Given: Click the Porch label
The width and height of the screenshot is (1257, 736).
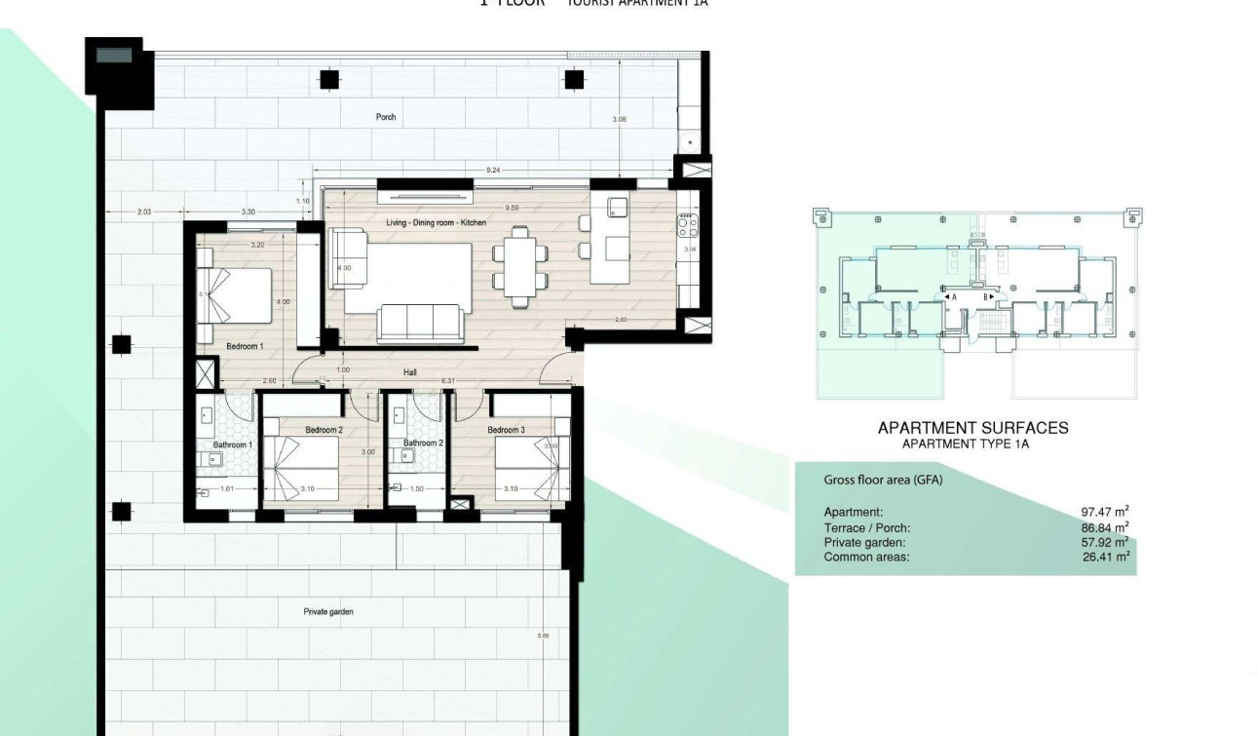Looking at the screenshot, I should pyautogui.click(x=386, y=117).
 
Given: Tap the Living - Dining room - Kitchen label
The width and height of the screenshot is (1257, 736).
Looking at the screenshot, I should pyautogui.click(x=436, y=223).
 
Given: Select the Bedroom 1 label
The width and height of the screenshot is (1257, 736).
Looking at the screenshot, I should pyautogui.click(x=245, y=346).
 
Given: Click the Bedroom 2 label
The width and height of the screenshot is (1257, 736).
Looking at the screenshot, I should pyautogui.click(x=324, y=430).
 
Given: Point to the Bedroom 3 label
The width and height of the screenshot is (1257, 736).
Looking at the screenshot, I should pyautogui.click(x=506, y=430).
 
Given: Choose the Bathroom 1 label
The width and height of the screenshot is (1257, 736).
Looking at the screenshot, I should pyautogui.click(x=232, y=445).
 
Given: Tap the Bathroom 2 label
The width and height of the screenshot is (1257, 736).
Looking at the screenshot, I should pyautogui.click(x=424, y=444).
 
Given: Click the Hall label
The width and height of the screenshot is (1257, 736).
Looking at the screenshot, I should pyautogui.click(x=411, y=371).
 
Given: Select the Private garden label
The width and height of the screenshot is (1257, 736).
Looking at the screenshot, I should pyautogui.click(x=328, y=612).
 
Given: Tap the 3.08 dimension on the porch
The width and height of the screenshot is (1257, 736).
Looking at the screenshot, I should pyautogui.click(x=619, y=119).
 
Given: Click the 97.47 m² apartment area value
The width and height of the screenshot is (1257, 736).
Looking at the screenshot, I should pyautogui.click(x=1105, y=512).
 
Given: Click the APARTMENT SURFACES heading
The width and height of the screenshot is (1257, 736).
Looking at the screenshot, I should pyautogui.click(x=972, y=428).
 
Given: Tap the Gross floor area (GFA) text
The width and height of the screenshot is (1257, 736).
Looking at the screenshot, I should pyautogui.click(x=883, y=480).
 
